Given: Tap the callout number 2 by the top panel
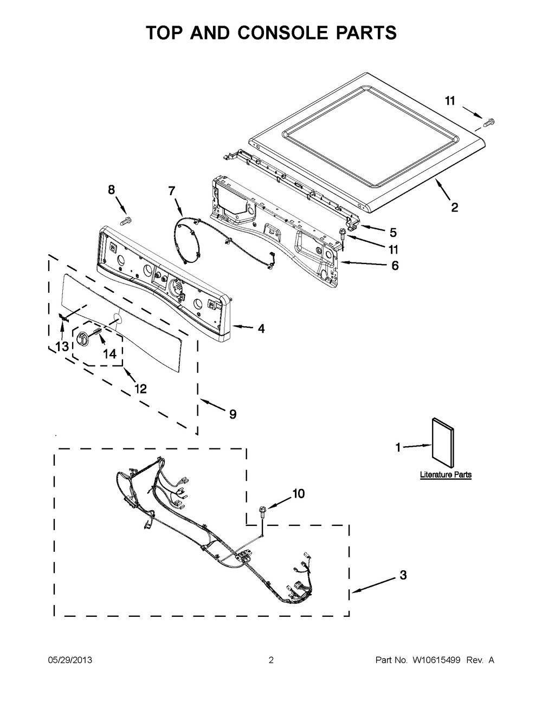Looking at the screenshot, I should click(454, 207).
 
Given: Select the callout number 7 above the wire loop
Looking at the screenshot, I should click(172, 190).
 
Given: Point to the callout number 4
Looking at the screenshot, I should click(261, 329).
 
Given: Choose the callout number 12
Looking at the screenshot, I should click(140, 389).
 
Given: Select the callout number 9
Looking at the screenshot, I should click(232, 414).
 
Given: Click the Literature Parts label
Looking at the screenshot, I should click(446, 475).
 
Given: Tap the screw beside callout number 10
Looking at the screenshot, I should click(263, 510).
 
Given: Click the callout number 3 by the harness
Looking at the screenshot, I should click(402, 575).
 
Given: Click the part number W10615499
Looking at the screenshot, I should click(434, 660).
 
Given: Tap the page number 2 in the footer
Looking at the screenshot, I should click(271, 660).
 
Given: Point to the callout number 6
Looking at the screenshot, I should click(395, 266).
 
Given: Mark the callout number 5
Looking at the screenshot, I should click(393, 233).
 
